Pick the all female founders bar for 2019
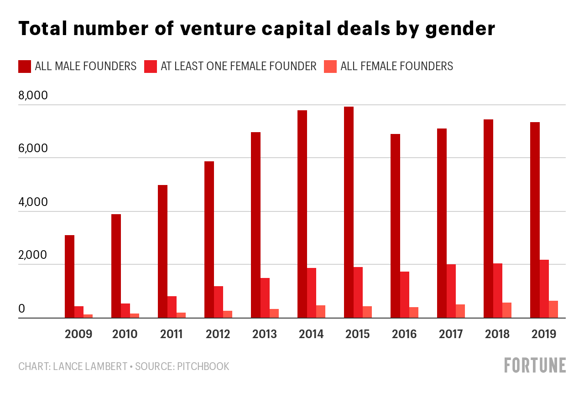point(553,309)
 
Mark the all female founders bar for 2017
point(460,311)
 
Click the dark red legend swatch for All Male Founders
point(24,67)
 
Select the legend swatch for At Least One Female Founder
point(150,67)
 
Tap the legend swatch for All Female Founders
point(330,67)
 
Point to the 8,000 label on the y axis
point(33,96)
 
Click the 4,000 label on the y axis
point(33,202)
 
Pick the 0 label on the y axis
point(21,309)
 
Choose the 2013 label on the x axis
point(265,334)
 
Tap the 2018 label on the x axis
point(497,334)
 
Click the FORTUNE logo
point(535,365)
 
